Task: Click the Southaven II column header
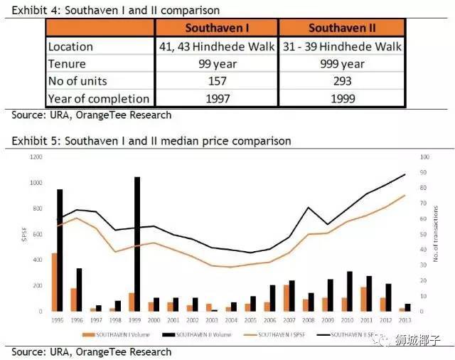(341, 28)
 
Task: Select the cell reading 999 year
(341, 64)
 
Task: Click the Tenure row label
(67, 64)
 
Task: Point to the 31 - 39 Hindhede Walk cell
(341, 46)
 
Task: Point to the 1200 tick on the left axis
(34, 156)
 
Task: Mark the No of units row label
(78, 81)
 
